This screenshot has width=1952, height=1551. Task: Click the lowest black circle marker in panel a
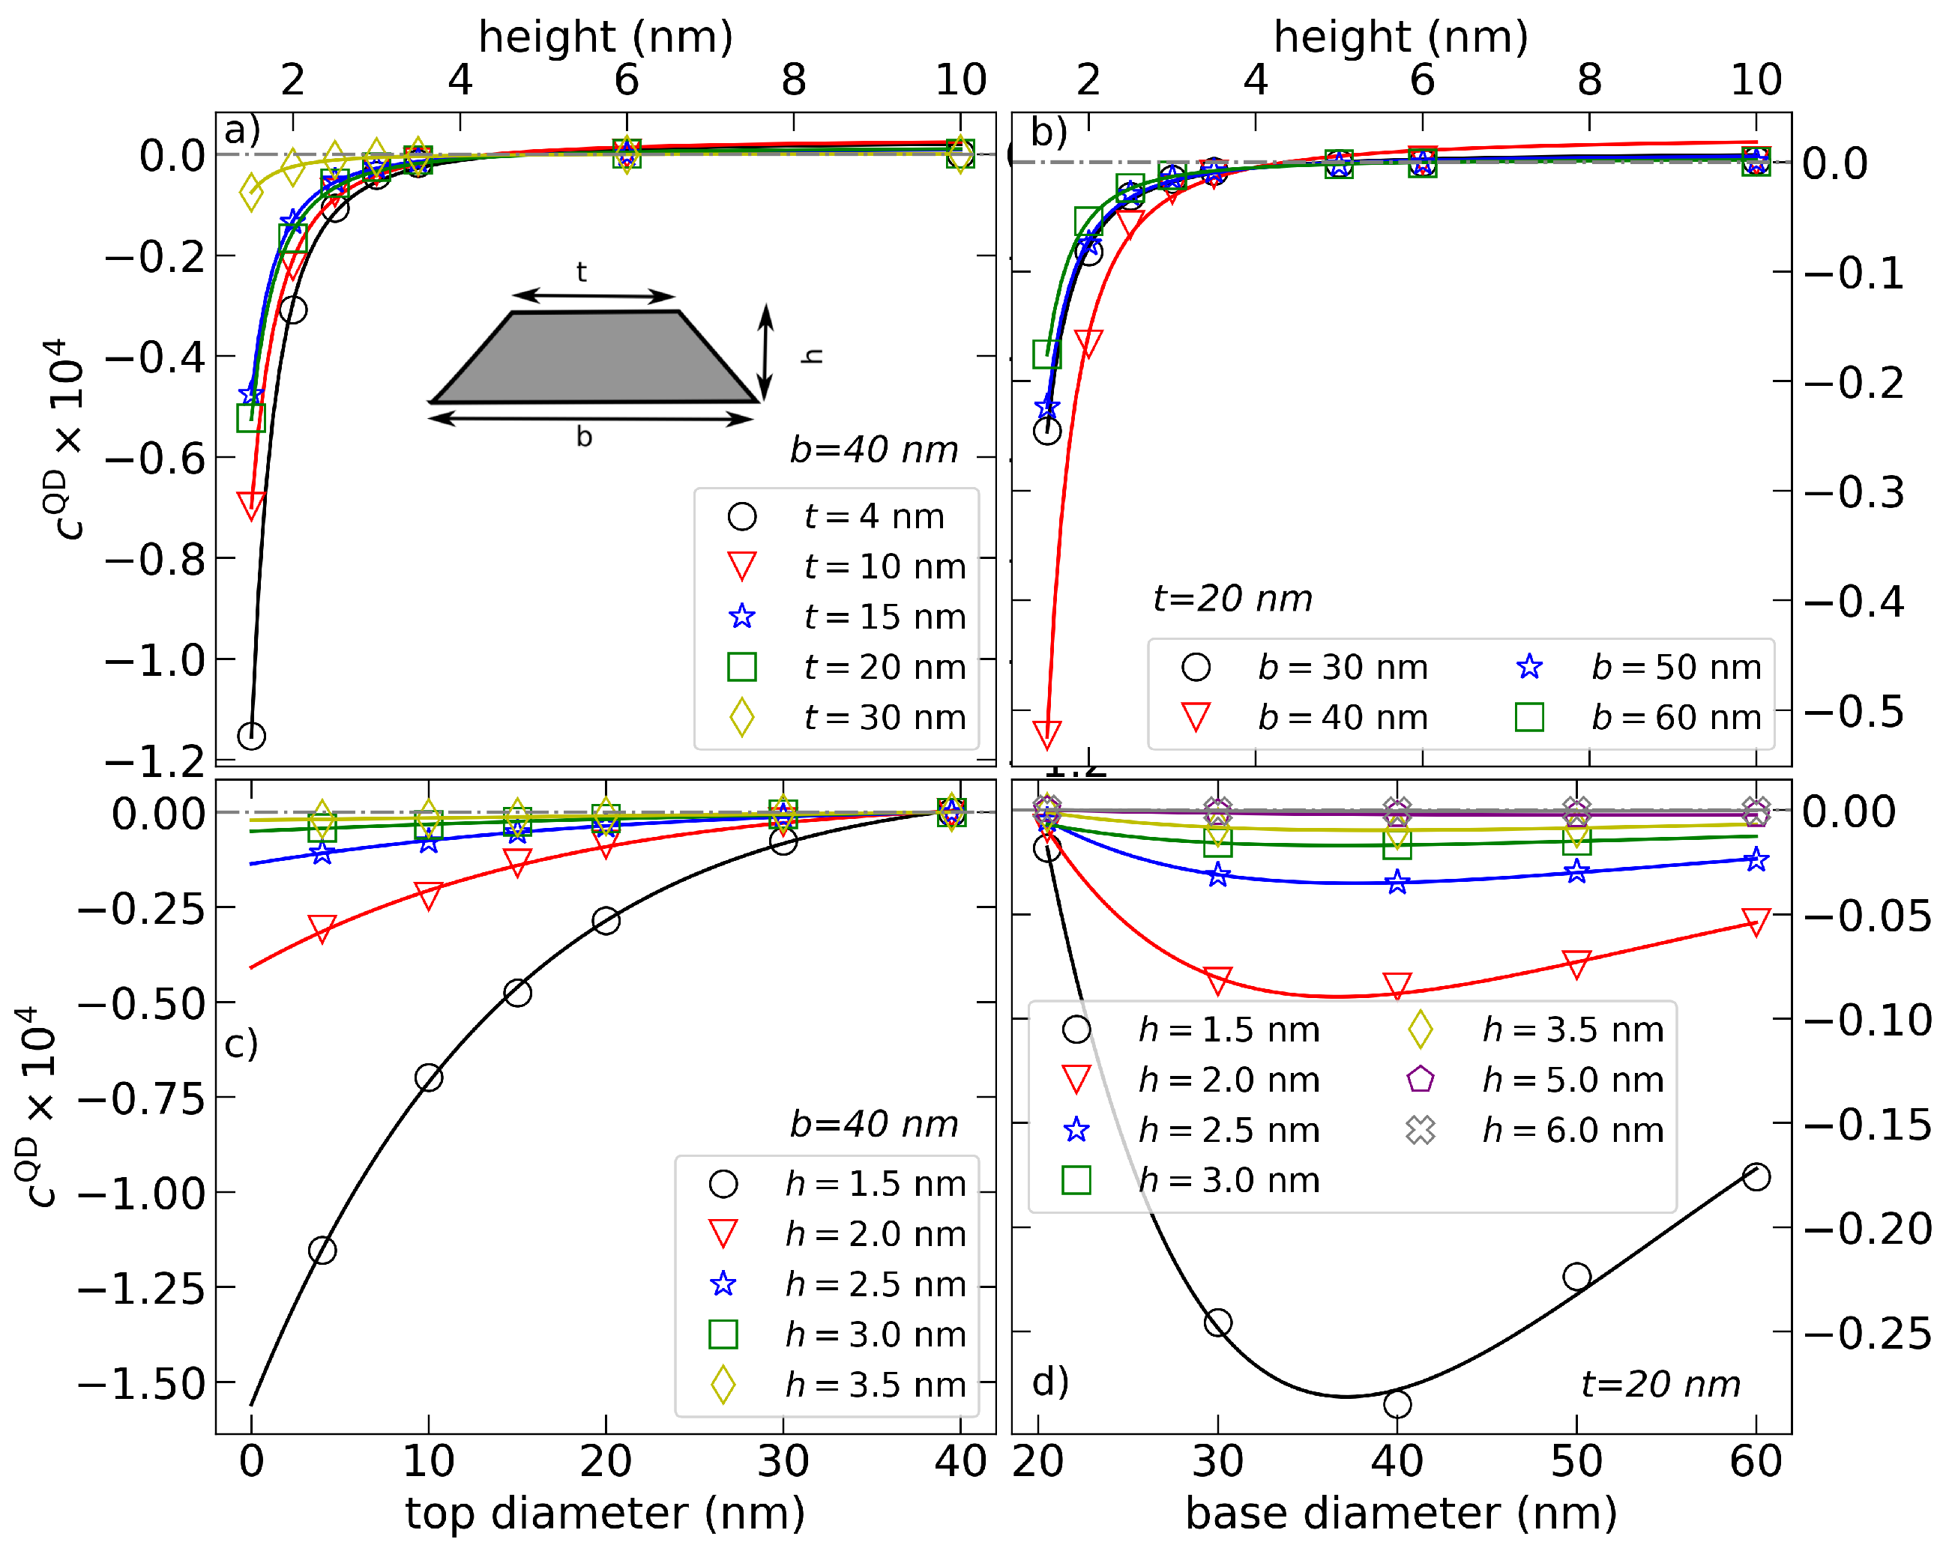(x=251, y=735)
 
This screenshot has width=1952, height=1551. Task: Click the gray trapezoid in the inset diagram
(x=593, y=357)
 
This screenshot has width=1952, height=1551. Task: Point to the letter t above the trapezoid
(x=581, y=271)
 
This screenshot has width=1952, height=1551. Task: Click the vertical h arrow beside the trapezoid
(x=766, y=353)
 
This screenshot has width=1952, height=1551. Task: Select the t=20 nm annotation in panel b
(x=1232, y=598)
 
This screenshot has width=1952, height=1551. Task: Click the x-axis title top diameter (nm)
(x=605, y=1512)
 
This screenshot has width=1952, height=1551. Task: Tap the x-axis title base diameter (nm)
(x=1400, y=1512)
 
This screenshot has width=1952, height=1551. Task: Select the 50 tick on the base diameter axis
(x=1576, y=1461)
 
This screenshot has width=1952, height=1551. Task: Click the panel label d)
(x=1050, y=1382)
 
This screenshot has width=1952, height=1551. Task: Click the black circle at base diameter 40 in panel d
(x=1397, y=1403)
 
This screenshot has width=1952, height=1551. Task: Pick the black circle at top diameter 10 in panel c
(x=428, y=1077)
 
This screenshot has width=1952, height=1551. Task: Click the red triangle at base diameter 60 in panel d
(x=1756, y=921)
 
